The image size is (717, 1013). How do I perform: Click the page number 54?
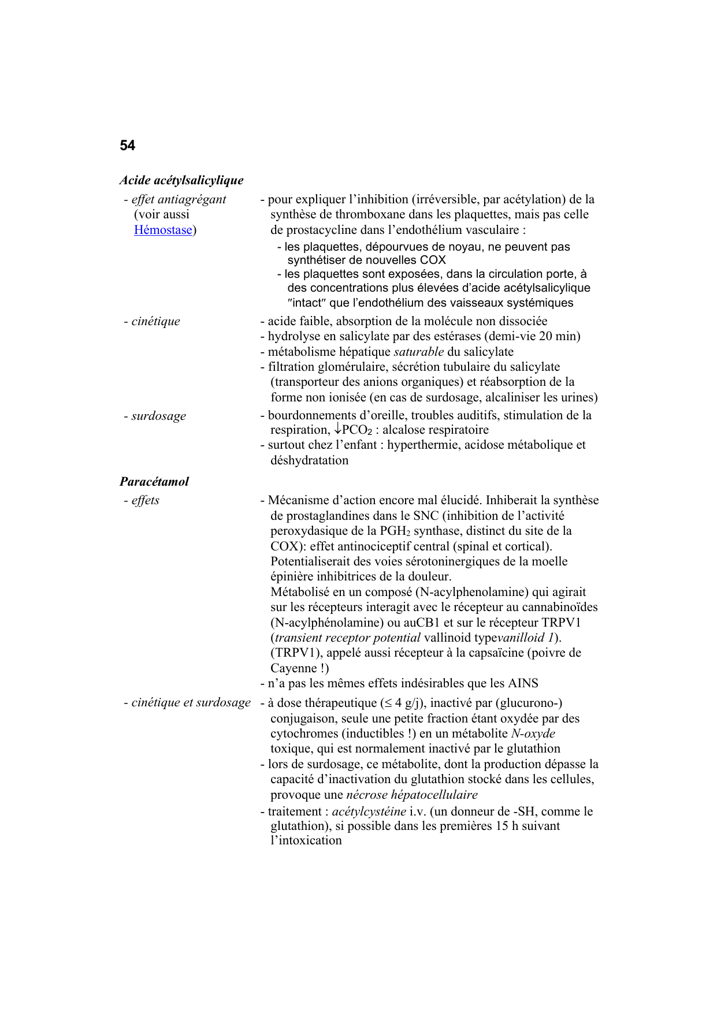[127, 146]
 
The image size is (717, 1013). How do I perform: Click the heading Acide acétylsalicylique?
[181, 180]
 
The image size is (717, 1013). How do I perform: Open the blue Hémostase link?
[163, 230]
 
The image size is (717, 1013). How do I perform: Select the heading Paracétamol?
[154, 482]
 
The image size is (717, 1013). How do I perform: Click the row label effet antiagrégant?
[179, 199]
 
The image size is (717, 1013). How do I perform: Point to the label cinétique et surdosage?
[191, 702]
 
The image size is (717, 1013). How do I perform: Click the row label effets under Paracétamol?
[145, 500]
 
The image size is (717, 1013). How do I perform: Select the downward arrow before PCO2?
[337, 430]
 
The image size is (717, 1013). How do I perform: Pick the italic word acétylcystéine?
[369, 811]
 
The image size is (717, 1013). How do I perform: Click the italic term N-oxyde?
[533, 733]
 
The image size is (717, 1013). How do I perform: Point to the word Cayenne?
[294, 668]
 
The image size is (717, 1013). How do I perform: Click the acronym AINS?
[523, 683]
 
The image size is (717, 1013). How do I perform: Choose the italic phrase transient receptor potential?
[348, 638]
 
